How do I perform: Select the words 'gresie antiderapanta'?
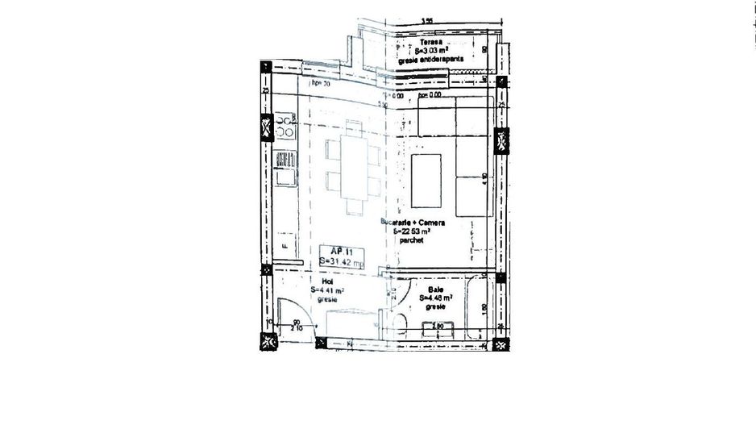click(x=430, y=59)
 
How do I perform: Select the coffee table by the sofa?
click(x=427, y=180)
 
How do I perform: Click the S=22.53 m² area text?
click(x=417, y=231)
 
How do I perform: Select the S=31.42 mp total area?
click(x=342, y=262)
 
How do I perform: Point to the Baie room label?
click(x=436, y=289)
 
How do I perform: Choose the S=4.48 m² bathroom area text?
click(x=435, y=298)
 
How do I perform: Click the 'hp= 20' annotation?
click(x=321, y=82)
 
